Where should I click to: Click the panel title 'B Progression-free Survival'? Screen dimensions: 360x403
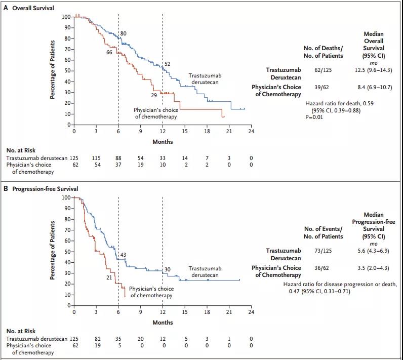click(x=42, y=189)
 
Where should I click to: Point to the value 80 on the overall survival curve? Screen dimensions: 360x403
click(x=123, y=33)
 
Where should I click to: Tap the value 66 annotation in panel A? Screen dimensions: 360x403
click(x=109, y=52)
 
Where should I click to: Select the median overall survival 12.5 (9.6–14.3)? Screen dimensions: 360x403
click(x=374, y=70)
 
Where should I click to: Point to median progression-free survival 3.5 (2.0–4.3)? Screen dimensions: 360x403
click(x=374, y=267)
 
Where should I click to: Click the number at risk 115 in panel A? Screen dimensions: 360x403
click(x=96, y=158)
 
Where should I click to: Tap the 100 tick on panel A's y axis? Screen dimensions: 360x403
click(x=66, y=17)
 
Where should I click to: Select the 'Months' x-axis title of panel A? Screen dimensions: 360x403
click(x=163, y=142)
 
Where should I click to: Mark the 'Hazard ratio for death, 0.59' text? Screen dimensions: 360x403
click(x=340, y=104)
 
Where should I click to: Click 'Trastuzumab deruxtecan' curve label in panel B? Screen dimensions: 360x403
click(x=205, y=272)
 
